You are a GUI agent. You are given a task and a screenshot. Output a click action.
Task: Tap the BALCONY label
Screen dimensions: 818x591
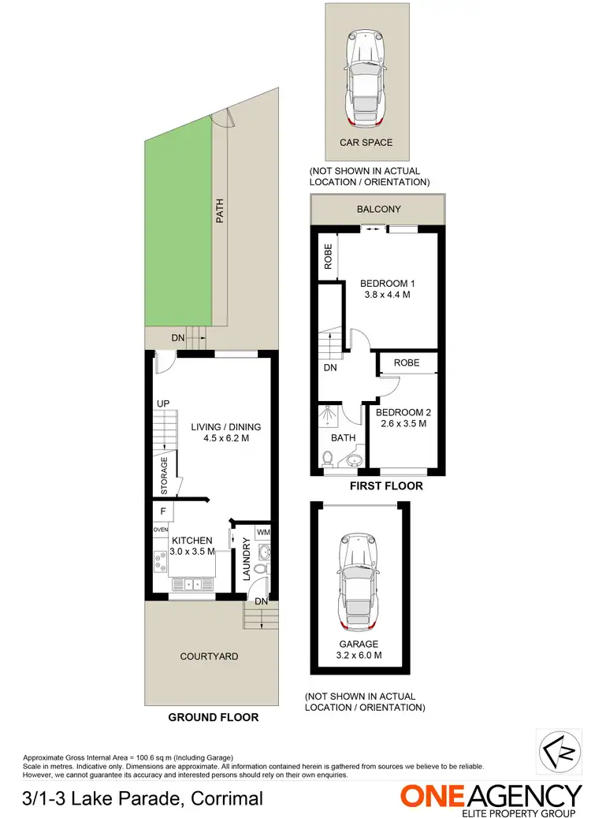[379, 210]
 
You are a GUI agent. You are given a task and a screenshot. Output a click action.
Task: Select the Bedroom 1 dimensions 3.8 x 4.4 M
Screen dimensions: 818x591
[386, 295]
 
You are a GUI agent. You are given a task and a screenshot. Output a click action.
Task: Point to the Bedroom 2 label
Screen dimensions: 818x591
[403, 412]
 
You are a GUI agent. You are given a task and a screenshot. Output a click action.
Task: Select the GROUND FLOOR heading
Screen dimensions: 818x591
[213, 718]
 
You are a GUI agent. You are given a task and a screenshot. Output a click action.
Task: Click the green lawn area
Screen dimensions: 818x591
[178, 229]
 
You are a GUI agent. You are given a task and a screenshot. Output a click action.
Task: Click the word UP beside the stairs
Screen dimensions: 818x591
[163, 403]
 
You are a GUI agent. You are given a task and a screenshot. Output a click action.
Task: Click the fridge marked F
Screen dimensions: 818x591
[162, 511]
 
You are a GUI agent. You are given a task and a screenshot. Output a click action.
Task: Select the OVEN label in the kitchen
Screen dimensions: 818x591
[161, 530]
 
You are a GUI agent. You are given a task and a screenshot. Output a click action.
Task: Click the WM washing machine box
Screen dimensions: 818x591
[262, 532]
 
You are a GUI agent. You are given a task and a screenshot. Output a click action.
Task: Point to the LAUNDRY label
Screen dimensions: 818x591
[247, 560]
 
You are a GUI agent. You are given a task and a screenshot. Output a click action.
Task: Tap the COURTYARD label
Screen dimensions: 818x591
[209, 656]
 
